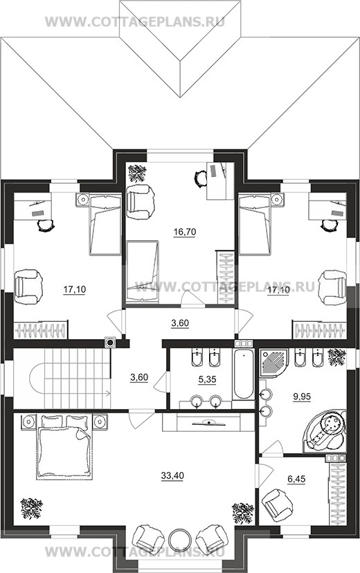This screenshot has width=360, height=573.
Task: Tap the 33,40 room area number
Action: (x=172, y=475)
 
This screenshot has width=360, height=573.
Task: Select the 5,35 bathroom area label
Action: (x=206, y=379)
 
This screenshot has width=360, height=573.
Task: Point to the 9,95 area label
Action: (x=302, y=396)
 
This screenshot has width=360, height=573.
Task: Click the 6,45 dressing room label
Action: (x=296, y=479)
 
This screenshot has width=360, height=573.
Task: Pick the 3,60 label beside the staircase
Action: (x=139, y=377)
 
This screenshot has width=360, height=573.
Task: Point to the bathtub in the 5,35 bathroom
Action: (x=243, y=374)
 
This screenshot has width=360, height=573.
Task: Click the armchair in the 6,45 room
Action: (x=278, y=506)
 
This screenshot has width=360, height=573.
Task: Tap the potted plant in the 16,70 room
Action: (x=137, y=172)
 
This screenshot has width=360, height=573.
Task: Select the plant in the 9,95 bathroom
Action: (x=336, y=356)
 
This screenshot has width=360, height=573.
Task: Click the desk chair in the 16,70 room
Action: (x=200, y=179)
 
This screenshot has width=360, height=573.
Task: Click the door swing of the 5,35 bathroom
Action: (x=161, y=382)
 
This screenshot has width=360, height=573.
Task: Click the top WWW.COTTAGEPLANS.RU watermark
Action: (x=135, y=21)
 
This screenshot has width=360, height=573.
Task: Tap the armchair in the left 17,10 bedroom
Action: (x=28, y=286)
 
